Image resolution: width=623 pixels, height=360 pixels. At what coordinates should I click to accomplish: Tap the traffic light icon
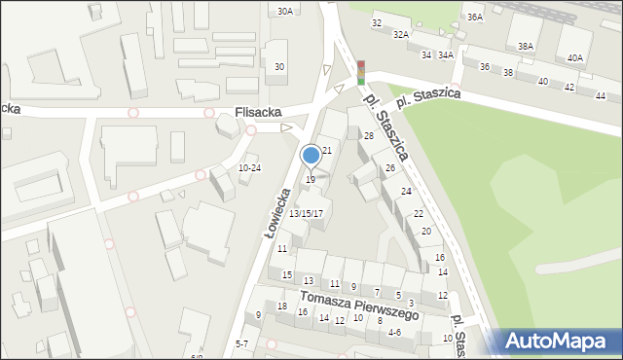coord(360,71)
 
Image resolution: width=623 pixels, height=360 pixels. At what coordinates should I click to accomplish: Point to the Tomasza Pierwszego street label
coord(359,306)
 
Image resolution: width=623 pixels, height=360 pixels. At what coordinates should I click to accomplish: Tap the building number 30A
coord(284,12)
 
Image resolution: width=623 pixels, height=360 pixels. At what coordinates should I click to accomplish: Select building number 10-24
coord(249,167)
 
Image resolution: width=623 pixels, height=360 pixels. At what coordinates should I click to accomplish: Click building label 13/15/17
coord(306,213)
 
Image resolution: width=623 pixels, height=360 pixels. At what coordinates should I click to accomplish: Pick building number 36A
coord(474,17)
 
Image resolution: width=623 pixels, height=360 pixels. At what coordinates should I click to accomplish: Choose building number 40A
coord(575,57)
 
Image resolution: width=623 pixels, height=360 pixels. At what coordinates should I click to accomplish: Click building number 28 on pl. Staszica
coord(369,135)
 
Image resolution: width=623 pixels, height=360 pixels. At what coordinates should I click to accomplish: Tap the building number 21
coord(327,150)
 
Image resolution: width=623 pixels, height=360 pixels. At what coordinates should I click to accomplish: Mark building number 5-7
coord(242,344)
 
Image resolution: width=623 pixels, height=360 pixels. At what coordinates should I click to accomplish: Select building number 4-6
coord(394,332)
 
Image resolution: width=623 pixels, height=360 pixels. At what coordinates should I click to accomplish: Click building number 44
coord(601,95)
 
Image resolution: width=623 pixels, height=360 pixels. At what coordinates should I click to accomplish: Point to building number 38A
coord(526,46)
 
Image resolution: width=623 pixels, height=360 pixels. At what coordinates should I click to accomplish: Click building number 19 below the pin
coord(311,179)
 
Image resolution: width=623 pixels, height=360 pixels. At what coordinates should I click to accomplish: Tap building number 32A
coord(400,34)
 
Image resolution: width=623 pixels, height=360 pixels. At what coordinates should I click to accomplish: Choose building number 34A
coord(445,55)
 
